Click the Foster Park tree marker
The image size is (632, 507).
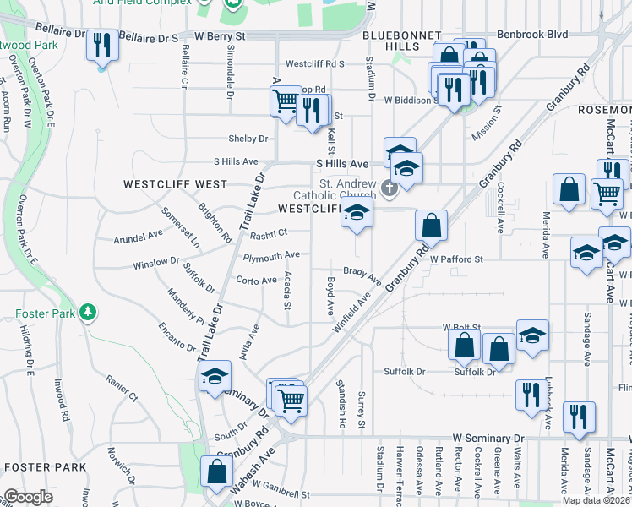(88, 313)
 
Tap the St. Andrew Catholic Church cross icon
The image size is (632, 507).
(389, 188)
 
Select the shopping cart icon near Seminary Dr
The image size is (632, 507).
(291, 400)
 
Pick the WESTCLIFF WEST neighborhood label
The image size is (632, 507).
(175, 183)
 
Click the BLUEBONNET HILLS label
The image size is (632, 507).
(402, 36)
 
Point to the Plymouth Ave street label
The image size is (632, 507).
(271, 255)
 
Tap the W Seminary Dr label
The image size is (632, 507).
(488, 438)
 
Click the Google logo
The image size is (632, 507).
(27, 497)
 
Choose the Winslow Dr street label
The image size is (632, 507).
(156, 264)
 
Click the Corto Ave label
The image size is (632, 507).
(257, 281)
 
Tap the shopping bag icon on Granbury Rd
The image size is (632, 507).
(431, 226)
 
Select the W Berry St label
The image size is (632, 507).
(220, 37)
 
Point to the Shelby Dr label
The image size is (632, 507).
(248, 139)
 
